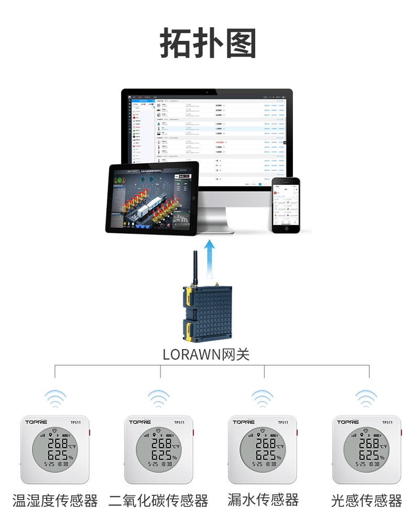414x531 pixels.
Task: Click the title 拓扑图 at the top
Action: click(208, 44)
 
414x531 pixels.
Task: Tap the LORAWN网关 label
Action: click(206, 354)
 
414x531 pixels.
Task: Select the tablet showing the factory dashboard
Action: click(152, 198)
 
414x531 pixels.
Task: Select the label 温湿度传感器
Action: click(55, 501)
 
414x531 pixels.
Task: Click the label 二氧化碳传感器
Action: click(158, 501)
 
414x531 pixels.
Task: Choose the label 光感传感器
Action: click(366, 501)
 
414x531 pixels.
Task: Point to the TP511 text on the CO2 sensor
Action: click(179, 422)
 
